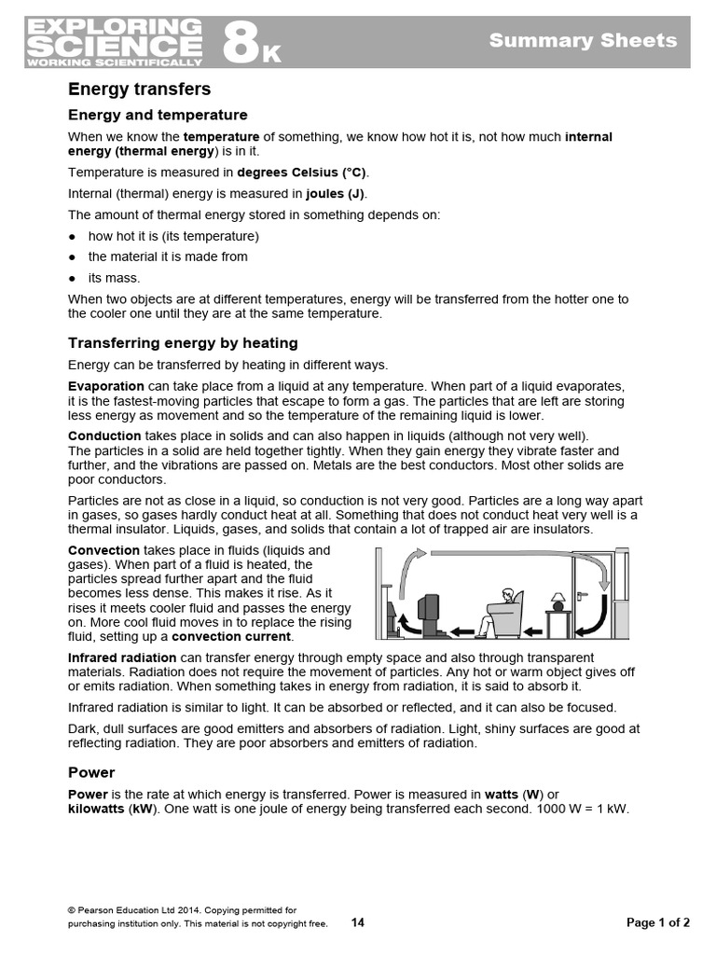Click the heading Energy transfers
140,90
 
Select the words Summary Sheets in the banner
583,40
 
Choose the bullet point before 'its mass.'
72,278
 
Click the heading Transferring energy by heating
183,343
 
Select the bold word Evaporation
106,386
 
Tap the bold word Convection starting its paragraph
103,550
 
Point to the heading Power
91,772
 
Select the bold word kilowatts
96,810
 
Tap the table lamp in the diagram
558,600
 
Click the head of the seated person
507,594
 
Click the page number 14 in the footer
358,923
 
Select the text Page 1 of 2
658,923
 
